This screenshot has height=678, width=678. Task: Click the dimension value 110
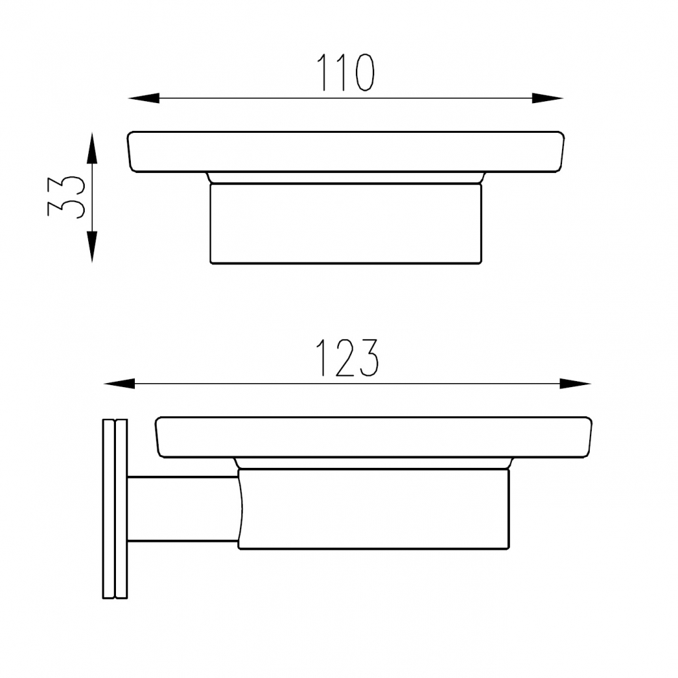[x=346, y=73]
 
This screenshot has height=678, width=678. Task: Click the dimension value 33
[x=66, y=197]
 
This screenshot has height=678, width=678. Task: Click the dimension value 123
[x=347, y=357]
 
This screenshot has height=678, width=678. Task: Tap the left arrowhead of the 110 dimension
[x=144, y=98]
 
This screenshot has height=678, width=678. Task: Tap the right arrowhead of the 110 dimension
[x=547, y=98]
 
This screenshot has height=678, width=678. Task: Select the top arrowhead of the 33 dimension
[x=92, y=148]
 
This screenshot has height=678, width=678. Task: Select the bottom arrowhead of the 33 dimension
[x=92, y=247]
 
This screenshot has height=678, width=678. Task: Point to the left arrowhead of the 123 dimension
[x=119, y=384]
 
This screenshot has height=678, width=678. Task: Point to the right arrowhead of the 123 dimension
[x=575, y=384]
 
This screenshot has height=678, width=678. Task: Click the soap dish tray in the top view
[x=346, y=152]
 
